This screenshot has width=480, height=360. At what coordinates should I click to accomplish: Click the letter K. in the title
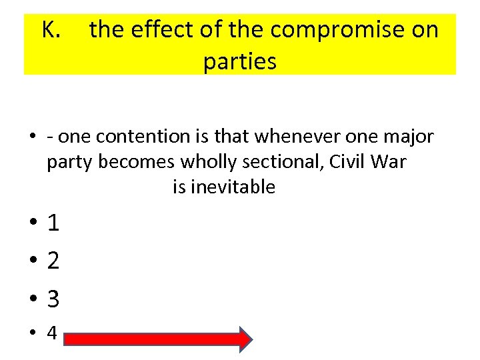click(x=52, y=30)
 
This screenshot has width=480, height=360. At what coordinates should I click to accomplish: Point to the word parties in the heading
click(x=239, y=62)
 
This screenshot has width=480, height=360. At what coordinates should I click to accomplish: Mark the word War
click(x=391, y=162)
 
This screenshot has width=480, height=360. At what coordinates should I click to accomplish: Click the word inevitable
click(x=233, y=187)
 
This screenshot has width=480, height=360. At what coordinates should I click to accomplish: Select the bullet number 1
click(x=53, y=223)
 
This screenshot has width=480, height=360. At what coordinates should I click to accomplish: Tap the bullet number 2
click(x=53, y=261)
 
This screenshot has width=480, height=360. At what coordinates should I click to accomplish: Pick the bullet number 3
click(x=53, y=299)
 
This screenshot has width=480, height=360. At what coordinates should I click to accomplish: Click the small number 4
click(x=52, y=333)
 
